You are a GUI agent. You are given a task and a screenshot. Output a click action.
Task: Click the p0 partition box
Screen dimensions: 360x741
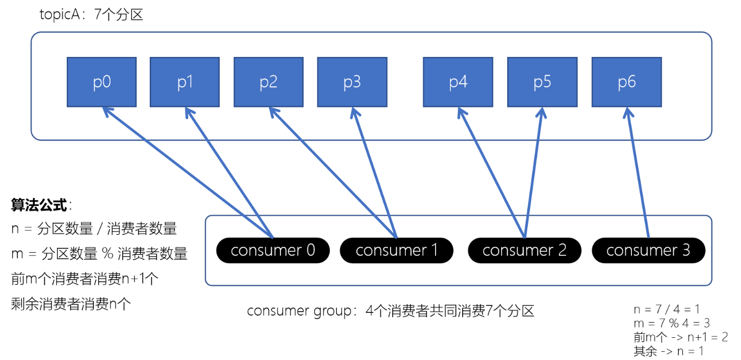pyautogui.click(x=101, y=82)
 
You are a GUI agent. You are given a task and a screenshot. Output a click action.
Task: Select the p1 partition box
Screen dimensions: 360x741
pyautogui.click(x=184, y=82)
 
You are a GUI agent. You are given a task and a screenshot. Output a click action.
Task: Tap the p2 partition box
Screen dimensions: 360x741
pyautogui.click(x=269, y=82)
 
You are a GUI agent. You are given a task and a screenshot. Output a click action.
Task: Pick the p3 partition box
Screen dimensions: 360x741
pyautogui.click(x=352, y=82)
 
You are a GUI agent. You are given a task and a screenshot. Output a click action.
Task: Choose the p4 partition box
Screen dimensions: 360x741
pyautogui.click(x=458, y=82)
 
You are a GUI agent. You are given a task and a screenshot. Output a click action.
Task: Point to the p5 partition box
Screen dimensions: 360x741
pyautogui.click(x=542, y=82)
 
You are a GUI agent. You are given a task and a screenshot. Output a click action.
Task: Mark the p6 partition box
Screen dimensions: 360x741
pyautogui.click(x=627, y=82)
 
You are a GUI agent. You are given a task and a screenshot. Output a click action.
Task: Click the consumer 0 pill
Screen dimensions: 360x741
pyautogui.click(x=273, y=250)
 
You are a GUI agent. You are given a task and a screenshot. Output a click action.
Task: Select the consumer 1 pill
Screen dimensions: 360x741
pyautogui.click(x=397, y=250)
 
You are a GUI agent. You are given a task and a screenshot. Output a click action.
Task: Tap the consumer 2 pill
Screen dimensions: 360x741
pyautogui.click(x=524, y=250)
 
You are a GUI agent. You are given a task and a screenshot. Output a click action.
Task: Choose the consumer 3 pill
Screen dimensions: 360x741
pyautogui.click(x=648, y=250)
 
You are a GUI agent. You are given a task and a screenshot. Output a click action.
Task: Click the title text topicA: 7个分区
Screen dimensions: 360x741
pyautogui.click(x=91, y=15)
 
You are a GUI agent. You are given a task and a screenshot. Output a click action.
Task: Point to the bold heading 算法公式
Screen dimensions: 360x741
pyautogui.click(x=40, y=205)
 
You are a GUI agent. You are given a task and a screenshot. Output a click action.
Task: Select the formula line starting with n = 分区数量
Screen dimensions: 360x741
pyautogui.click(x=94, y=229)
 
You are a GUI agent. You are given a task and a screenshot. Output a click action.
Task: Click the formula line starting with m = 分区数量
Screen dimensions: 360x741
pyautogui.click(x=99, y=253)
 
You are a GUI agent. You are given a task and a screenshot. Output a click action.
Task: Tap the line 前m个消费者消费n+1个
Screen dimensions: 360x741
pyautogui.click(x=85, y=279)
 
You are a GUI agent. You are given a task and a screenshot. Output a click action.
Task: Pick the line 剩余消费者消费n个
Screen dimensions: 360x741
pyautogui.click(x=71, y=304)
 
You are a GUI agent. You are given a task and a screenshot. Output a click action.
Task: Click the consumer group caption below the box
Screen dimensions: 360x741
pyautogui.click(x=391, y=311)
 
